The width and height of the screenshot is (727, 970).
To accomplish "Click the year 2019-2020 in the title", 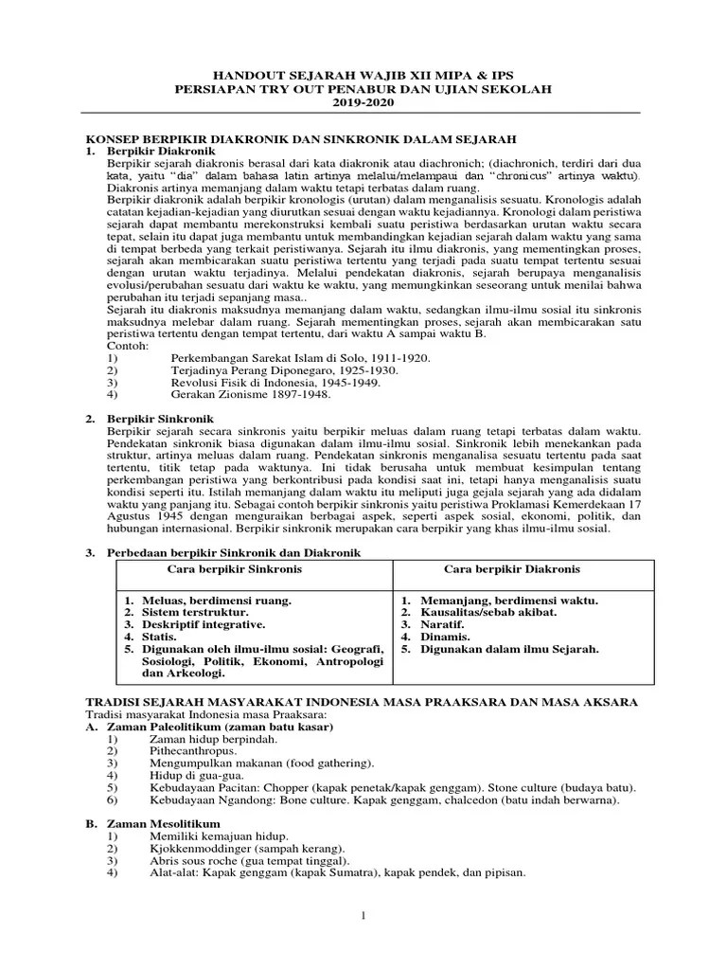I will pyautogui.click(x=363, y=102).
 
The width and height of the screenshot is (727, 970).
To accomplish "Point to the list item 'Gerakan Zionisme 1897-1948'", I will pyautogui.click(x=250, y=394).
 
